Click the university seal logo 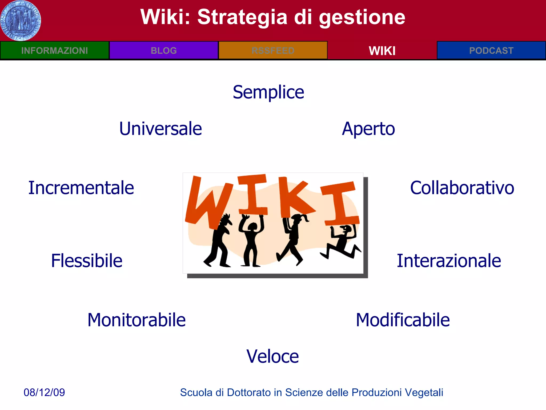click(21, 21)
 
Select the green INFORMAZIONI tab click(55, 50)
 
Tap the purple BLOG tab click(164, 50)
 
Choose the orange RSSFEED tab click(273, 50)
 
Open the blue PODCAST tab click(491, 50)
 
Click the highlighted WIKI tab click(382, 50)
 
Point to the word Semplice click(268, 92)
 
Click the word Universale click(160, 129)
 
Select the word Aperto click(368, 129)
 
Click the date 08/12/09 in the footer click(44, 392)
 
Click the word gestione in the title click(362, 17)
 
